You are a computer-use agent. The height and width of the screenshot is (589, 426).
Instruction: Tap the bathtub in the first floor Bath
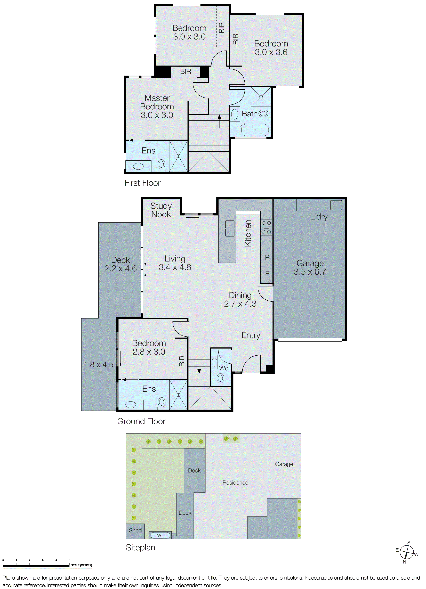click(255, 130)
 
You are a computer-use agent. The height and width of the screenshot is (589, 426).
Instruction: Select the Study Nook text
click(161, 210)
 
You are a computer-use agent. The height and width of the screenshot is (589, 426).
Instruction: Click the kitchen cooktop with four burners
click(266, 227)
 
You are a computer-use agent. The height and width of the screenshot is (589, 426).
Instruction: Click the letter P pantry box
click(267, 257)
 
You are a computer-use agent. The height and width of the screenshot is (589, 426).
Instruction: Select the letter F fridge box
click(267, 273)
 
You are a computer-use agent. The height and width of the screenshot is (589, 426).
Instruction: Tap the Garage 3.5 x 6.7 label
click(310, 267)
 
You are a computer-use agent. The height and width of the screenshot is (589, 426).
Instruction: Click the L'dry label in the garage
click(319, 217)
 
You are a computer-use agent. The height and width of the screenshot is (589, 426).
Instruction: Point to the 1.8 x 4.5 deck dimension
click(98, 364)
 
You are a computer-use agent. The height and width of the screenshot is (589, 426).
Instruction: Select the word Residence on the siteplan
click(235, 482)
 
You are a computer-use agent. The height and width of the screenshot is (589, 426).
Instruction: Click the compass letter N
click(404, 561)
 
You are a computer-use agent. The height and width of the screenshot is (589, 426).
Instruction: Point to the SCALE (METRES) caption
click(82, 565)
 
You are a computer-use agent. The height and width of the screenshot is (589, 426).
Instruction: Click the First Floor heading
click(142, 183)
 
